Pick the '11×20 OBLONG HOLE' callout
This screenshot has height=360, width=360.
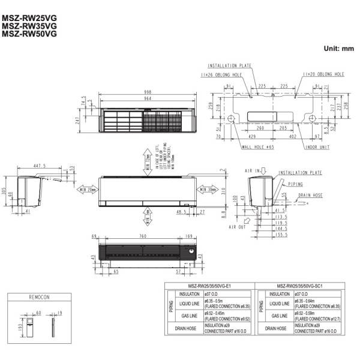coord(323,75)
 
